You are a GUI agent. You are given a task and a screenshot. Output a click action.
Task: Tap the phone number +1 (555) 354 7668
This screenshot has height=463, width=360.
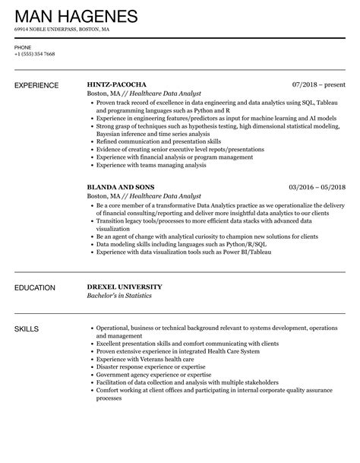35,54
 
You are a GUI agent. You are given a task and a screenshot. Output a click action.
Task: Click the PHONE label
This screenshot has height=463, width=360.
24,46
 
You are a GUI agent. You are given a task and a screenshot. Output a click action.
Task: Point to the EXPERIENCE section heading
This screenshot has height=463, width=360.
39,84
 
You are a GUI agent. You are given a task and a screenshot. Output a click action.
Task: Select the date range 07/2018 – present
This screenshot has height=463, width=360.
318,84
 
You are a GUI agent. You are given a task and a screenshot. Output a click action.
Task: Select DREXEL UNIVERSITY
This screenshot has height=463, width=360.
125,287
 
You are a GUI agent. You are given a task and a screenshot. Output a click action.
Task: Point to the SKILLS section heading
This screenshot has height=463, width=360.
27,328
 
